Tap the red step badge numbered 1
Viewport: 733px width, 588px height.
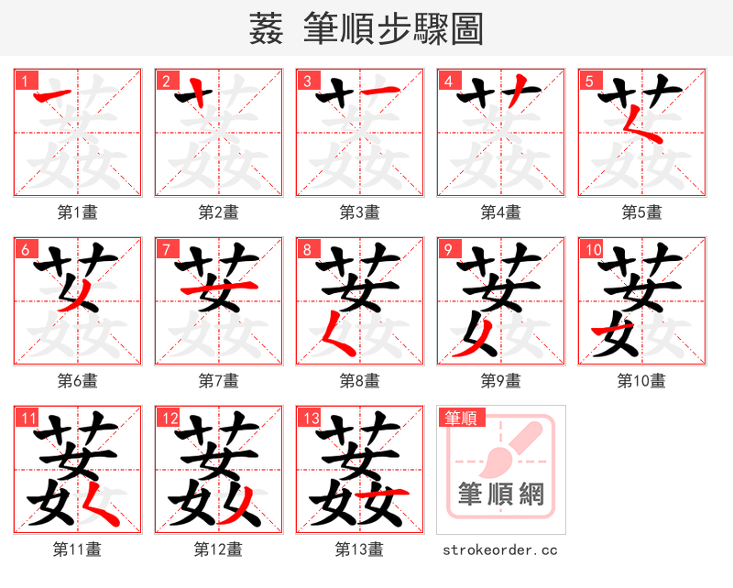[24, 81]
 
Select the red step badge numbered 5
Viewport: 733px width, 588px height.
[588, 81]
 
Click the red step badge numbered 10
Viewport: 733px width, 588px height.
[592, 249]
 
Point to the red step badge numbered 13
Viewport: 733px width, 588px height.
[310, 418]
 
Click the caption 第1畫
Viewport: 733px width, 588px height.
[78, 212]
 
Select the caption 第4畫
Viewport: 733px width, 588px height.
[501, 212]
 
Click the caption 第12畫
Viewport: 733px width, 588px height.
[219, 550]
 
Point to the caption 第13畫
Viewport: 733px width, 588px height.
[360, 550]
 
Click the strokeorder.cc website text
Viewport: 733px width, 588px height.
[500, 550]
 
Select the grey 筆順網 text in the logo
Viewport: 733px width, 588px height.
[501, 495]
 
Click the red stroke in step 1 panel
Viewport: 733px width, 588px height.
[53, 95]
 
